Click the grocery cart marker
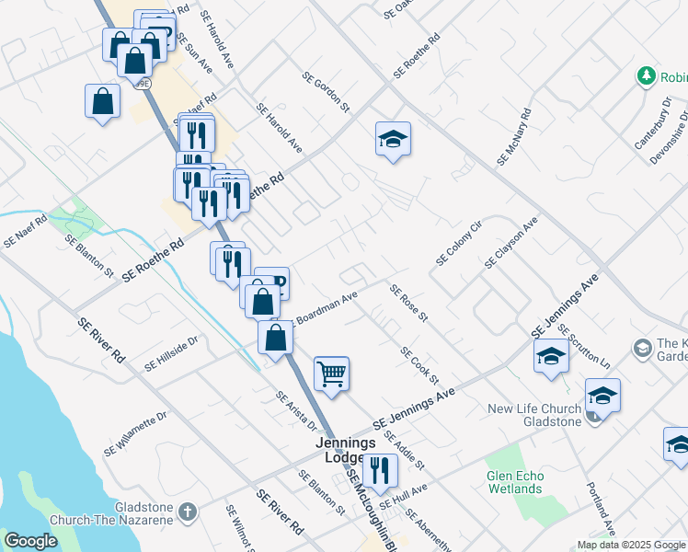331,374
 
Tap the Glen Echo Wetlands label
514,482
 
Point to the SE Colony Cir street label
459,243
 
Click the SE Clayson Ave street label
511,243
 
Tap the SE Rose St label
409,304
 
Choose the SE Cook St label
419,366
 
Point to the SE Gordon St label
327,92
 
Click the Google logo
30,541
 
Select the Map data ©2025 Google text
631,545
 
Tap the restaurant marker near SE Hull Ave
379,469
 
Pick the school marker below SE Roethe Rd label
393,139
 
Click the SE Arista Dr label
296,411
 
